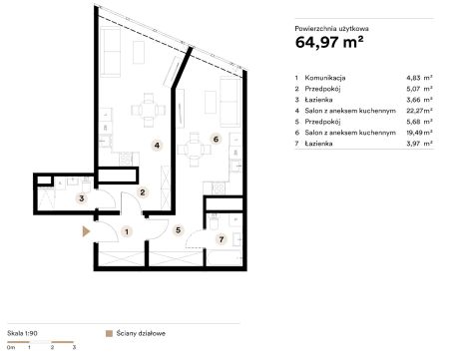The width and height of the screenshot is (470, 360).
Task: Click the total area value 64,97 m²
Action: (329, 42)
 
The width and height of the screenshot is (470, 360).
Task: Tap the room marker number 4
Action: (157, 146)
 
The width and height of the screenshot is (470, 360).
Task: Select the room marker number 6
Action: (216, 139)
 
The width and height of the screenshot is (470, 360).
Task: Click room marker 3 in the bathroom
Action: (82, 198)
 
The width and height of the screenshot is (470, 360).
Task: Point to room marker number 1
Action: (127, 231)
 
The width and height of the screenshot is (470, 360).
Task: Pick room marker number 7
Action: (222, 239)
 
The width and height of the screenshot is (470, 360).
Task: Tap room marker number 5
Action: (179, 230)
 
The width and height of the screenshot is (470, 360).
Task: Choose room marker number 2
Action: (143, 192)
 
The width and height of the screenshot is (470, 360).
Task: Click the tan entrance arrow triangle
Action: (86, 231)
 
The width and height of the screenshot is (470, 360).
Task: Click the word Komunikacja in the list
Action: (325, 78)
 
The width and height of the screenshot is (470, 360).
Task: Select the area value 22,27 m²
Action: (419, 111)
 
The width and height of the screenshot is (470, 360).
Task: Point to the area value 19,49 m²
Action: (419, 133)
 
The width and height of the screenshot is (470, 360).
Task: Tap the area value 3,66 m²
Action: (419, 100)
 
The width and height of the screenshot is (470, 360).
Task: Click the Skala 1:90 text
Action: (22, 333)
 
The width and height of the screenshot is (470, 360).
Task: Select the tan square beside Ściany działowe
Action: (109, 333)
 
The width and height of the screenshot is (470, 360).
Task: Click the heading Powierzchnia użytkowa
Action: (331, 29)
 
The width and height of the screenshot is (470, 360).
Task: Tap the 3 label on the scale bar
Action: (74, 347)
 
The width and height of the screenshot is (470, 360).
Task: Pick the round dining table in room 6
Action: (194, 150)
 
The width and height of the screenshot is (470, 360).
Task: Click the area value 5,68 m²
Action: (419, 122)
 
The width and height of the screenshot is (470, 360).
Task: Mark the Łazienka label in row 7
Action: (318, 144)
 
